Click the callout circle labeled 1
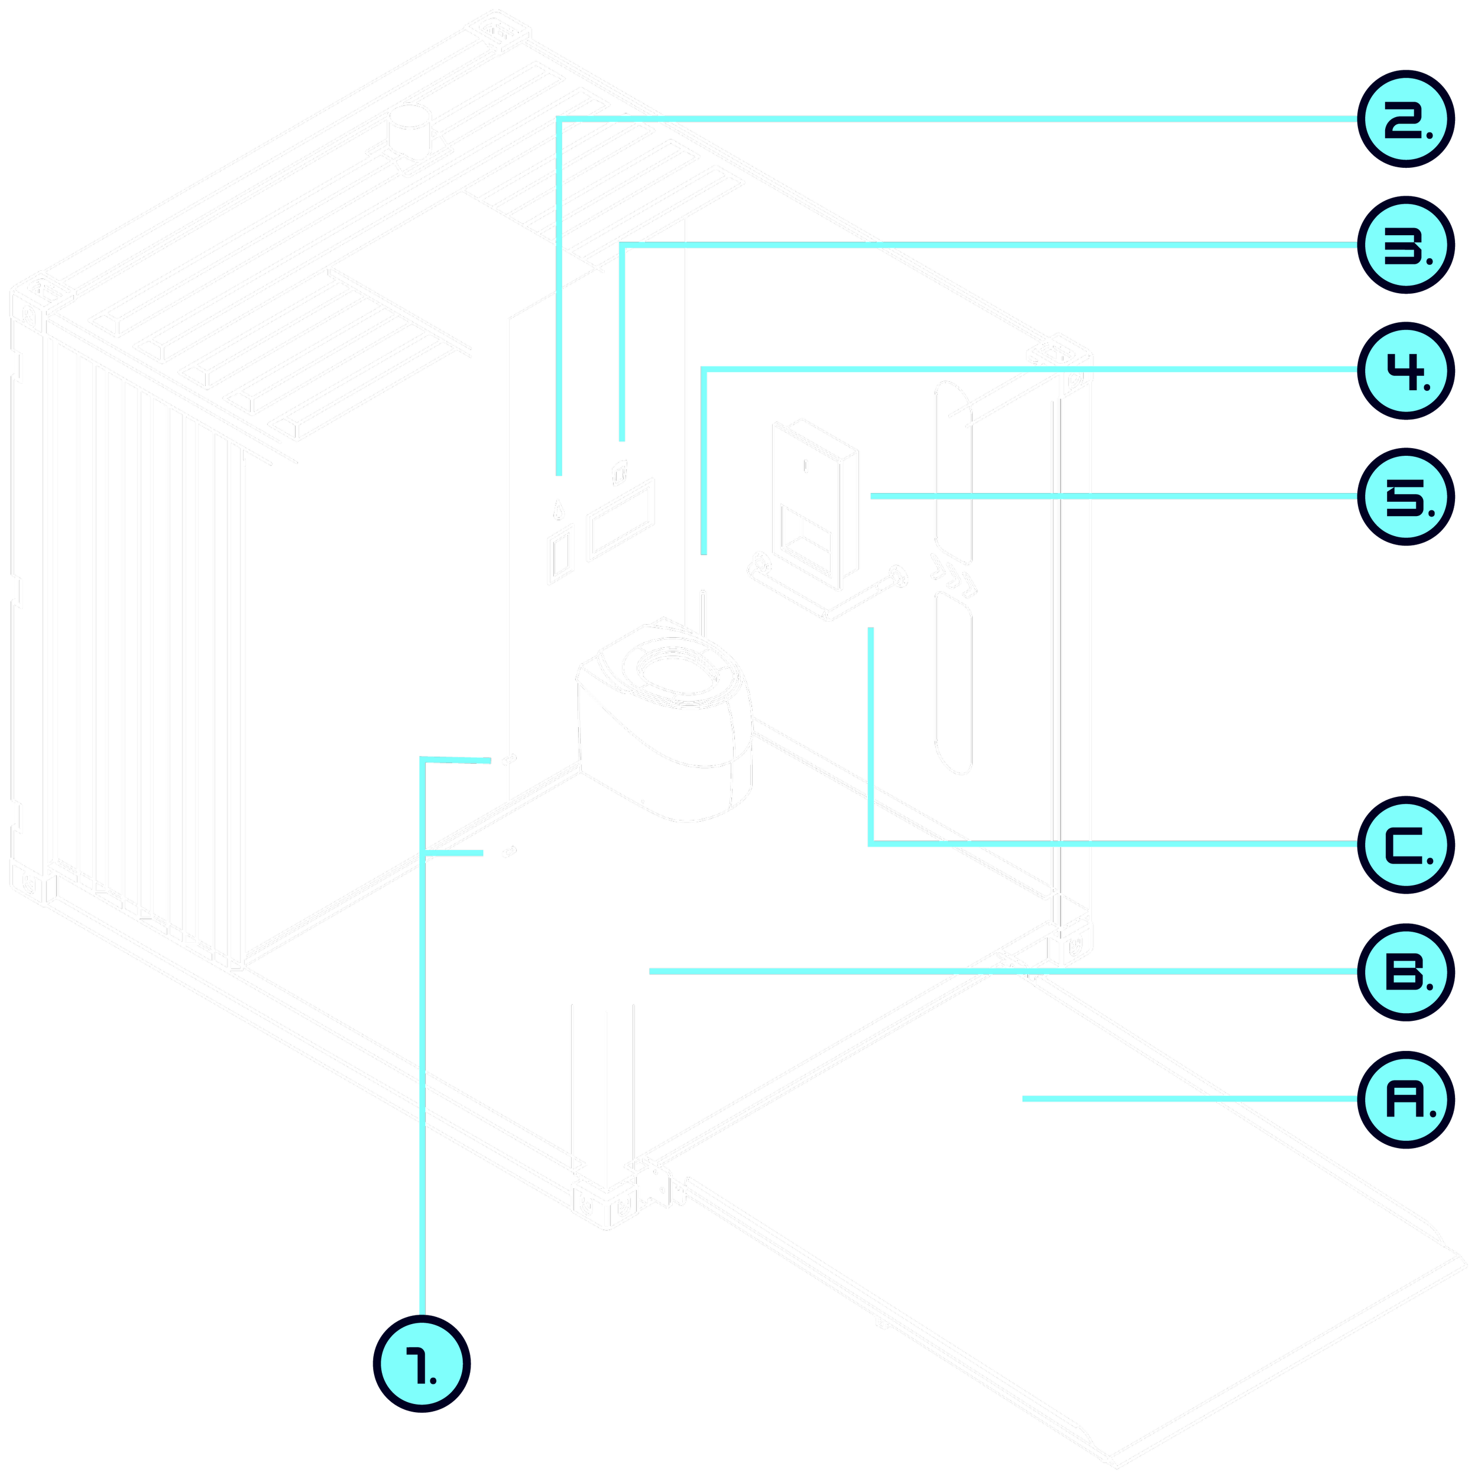[x=421, y=1363]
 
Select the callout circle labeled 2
[x=1405, y=120]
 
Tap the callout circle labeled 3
[x=1405, y=246]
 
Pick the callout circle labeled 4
[x=1405, y=371]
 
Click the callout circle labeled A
[x=1405, y=1100]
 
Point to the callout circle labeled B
[x=1405, y=972]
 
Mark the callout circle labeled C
[x=1405, y=845]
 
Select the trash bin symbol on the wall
[x=620, y=472]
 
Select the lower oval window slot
[x=954, y=683]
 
